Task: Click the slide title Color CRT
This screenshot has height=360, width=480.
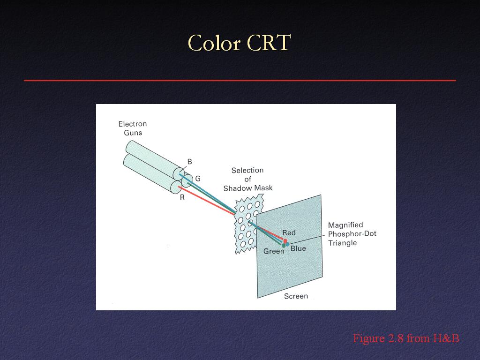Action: pos(239,43)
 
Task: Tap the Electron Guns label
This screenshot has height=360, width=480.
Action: pos(133,128)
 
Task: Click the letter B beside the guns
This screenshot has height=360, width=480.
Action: pos(189,162)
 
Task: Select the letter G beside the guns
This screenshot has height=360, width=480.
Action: pos(198,179)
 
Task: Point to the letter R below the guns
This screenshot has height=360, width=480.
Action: pos(182,197)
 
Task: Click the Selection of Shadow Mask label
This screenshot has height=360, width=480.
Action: pos(247,179)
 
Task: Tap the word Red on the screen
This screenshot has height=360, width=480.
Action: pos(289,232)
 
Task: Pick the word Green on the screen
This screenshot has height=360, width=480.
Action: pos(274,251)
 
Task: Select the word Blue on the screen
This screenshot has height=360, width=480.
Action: pos(298,248)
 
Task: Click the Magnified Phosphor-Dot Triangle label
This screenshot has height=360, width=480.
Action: pos(352,234)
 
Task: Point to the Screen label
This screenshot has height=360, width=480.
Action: pos(296,296)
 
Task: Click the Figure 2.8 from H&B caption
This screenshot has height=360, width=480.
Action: pos(406,338)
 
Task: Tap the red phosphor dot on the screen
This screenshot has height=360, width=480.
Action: pos(285,241)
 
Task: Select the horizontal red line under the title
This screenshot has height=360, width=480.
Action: pos(240,81)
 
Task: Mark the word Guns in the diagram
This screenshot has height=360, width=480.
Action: pos(133,133)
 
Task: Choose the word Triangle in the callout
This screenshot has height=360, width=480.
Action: pos(342,243)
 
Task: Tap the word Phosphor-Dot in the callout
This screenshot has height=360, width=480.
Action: pos(352,233)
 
